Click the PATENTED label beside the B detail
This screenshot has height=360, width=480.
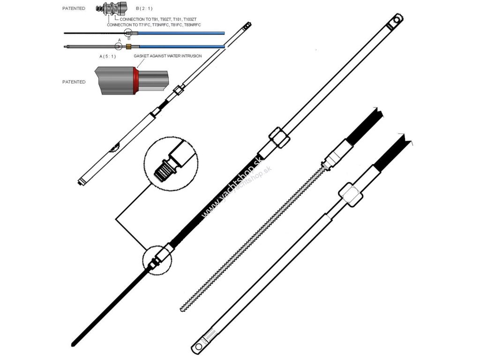click(74, 8)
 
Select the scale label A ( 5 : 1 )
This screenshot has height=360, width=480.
click(108, 56)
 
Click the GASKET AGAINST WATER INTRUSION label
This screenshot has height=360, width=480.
click(167, 56)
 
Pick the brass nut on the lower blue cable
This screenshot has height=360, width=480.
click(129, 46)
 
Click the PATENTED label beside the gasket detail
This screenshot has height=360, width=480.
click(74, 82)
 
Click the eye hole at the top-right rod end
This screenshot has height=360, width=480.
click(398, 21)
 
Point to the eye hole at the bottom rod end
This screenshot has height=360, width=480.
click(199, 347)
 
